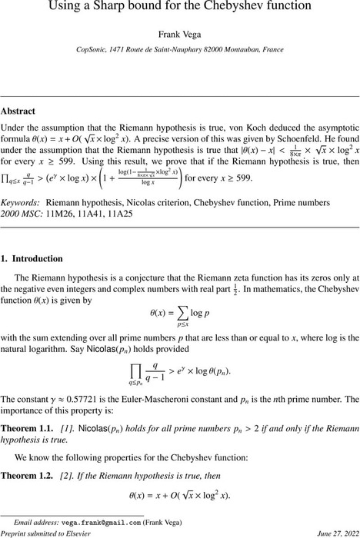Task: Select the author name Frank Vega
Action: pos(179,35)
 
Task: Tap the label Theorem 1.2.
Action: pos(32,469)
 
